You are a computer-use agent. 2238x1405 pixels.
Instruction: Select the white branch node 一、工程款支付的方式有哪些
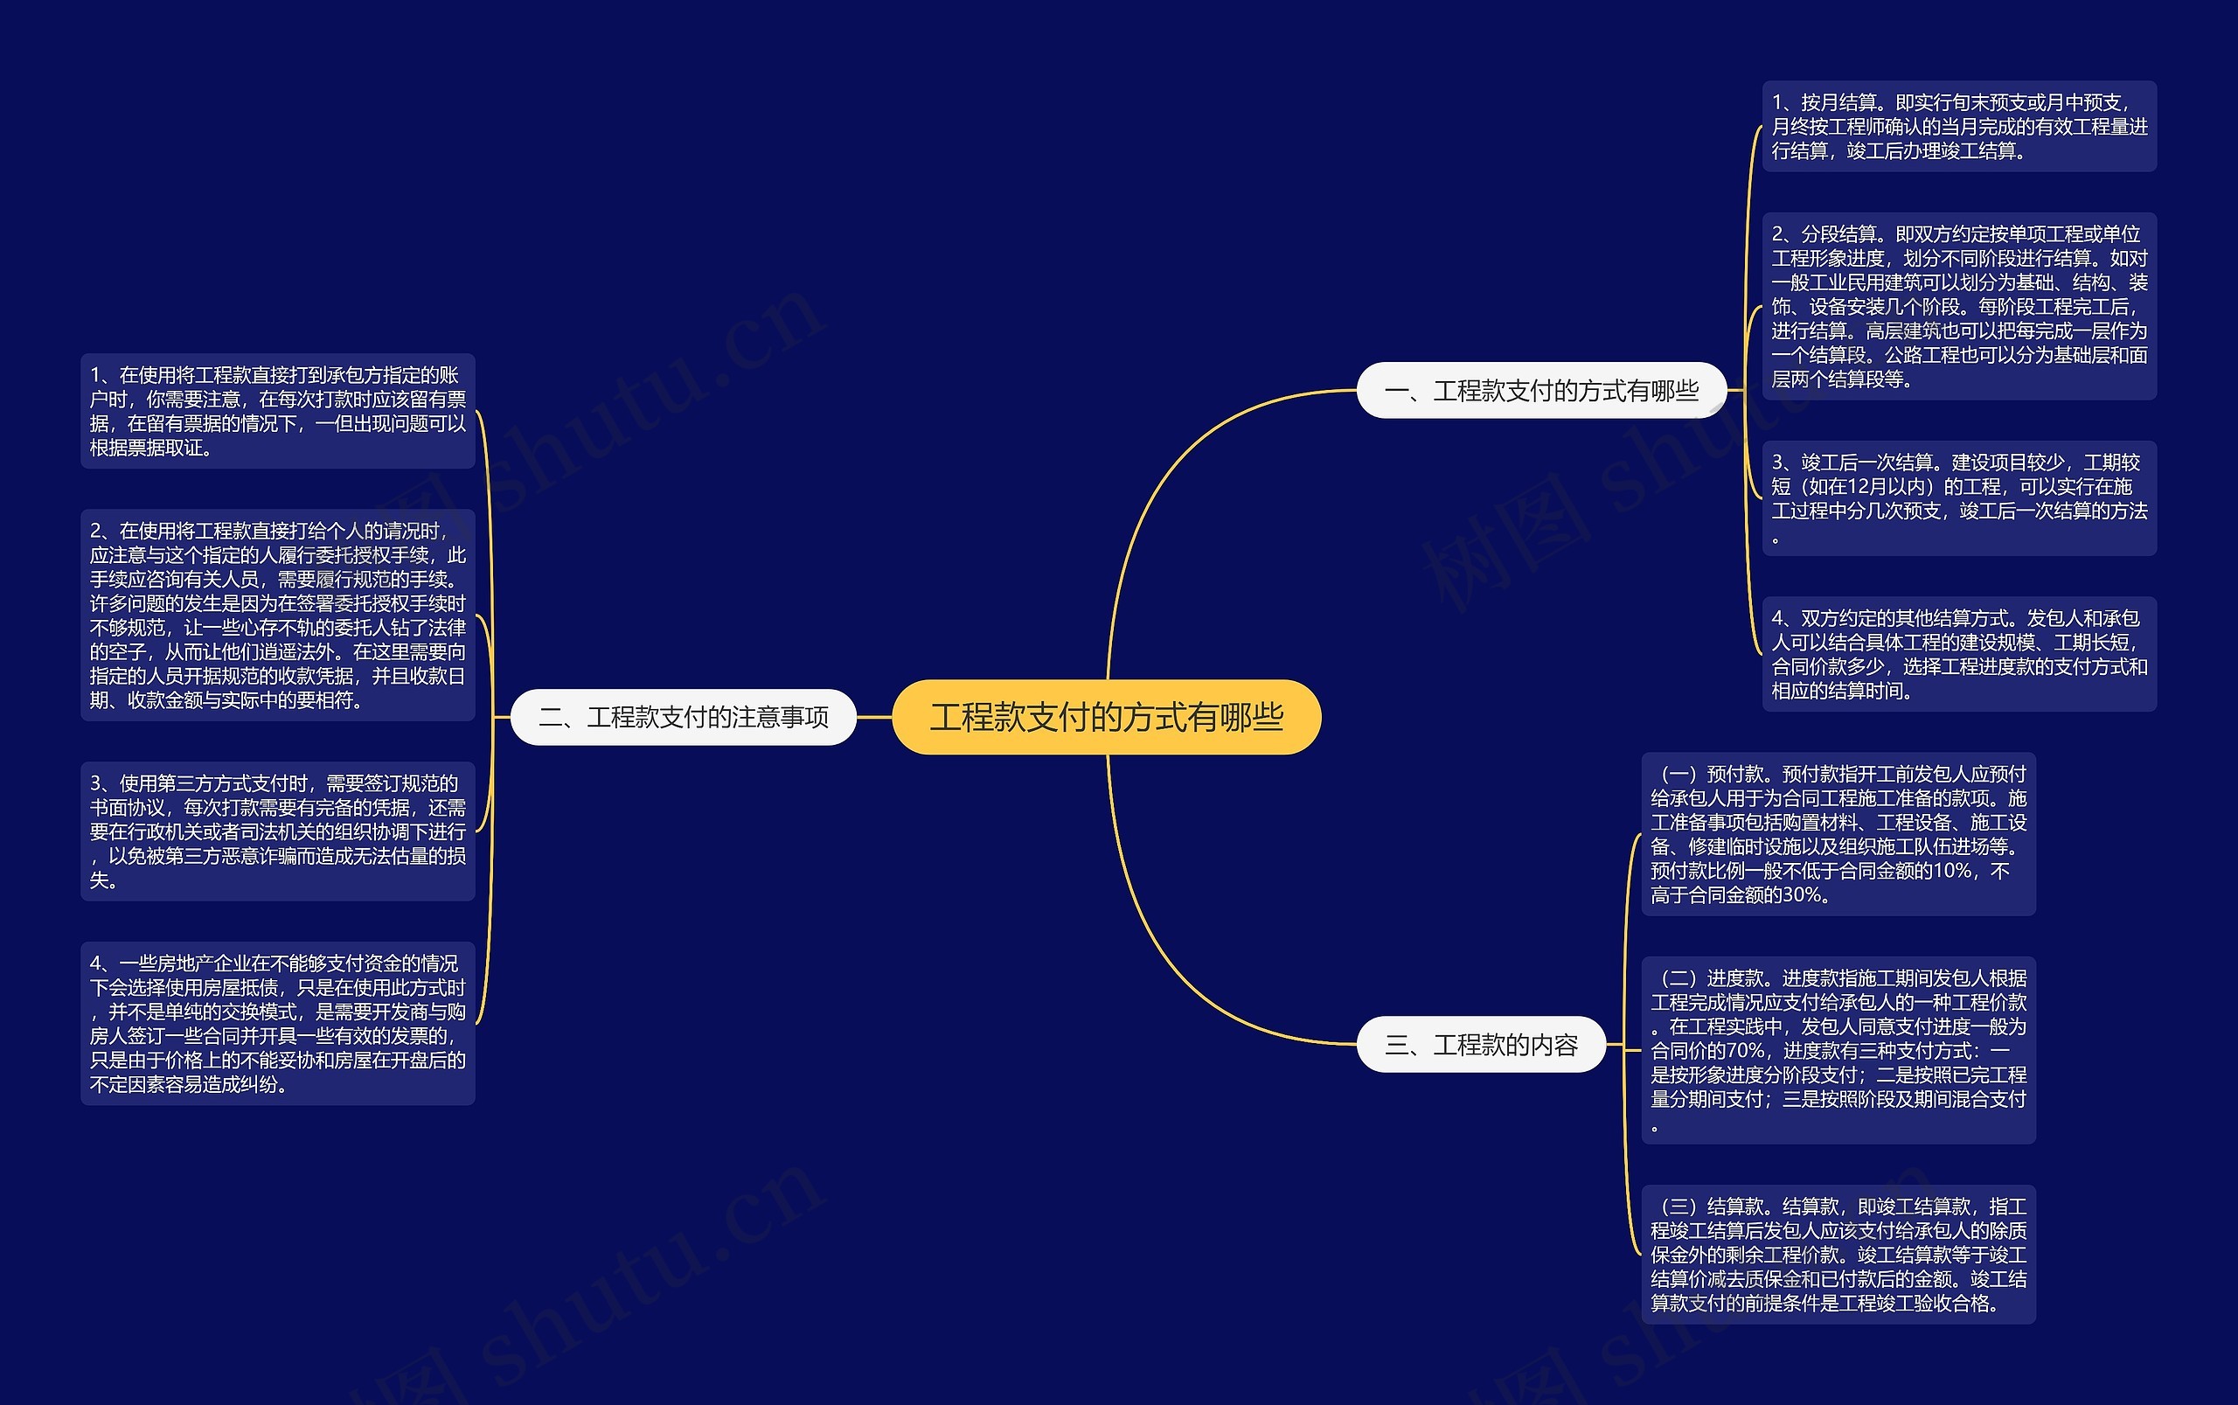pos(1541,390)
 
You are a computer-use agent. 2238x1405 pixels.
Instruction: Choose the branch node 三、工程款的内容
pos(1481,1045)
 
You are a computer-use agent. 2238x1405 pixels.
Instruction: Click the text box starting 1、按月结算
pos(1958,127)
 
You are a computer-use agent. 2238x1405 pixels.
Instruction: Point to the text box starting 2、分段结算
pos(1958,306)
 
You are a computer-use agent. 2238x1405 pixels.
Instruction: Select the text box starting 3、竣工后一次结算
pos(1958,498)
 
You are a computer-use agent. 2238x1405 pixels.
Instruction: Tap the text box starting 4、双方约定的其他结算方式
pos(1958,654)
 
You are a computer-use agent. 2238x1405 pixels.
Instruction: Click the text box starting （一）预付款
pos(1838,833)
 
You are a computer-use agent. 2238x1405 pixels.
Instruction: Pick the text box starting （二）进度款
pos(1838,1050)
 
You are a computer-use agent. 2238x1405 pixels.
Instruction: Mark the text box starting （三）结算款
pos(1838,1254)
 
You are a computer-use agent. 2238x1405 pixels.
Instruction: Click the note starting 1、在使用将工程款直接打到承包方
pos(278,411)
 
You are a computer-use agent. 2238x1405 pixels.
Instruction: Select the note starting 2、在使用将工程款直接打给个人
pos(278,615)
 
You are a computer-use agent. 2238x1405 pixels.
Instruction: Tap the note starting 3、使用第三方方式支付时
pos(278,831)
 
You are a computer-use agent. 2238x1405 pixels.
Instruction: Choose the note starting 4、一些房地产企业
pos(278,1023)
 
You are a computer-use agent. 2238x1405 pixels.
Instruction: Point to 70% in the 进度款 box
pos(1745,1051)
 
